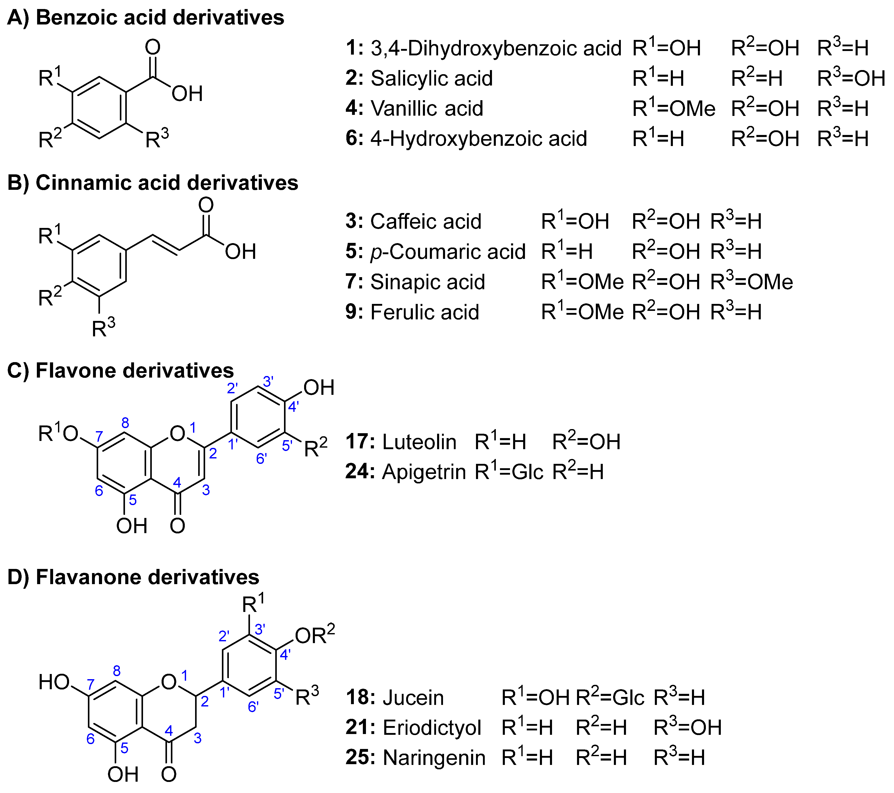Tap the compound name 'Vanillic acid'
(x=427, y=108)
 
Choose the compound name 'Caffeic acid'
(x=425, y=221)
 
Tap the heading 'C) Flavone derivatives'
(x=120, y=371)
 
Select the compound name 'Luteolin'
(x=419, y=442)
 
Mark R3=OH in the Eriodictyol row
(x=687, y=728)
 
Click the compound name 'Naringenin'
(x=434, y=758)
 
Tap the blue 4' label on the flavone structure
(x=293, y=407)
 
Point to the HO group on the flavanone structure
(x=54, y=682)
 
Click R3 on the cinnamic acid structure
(x=103, y=328)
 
